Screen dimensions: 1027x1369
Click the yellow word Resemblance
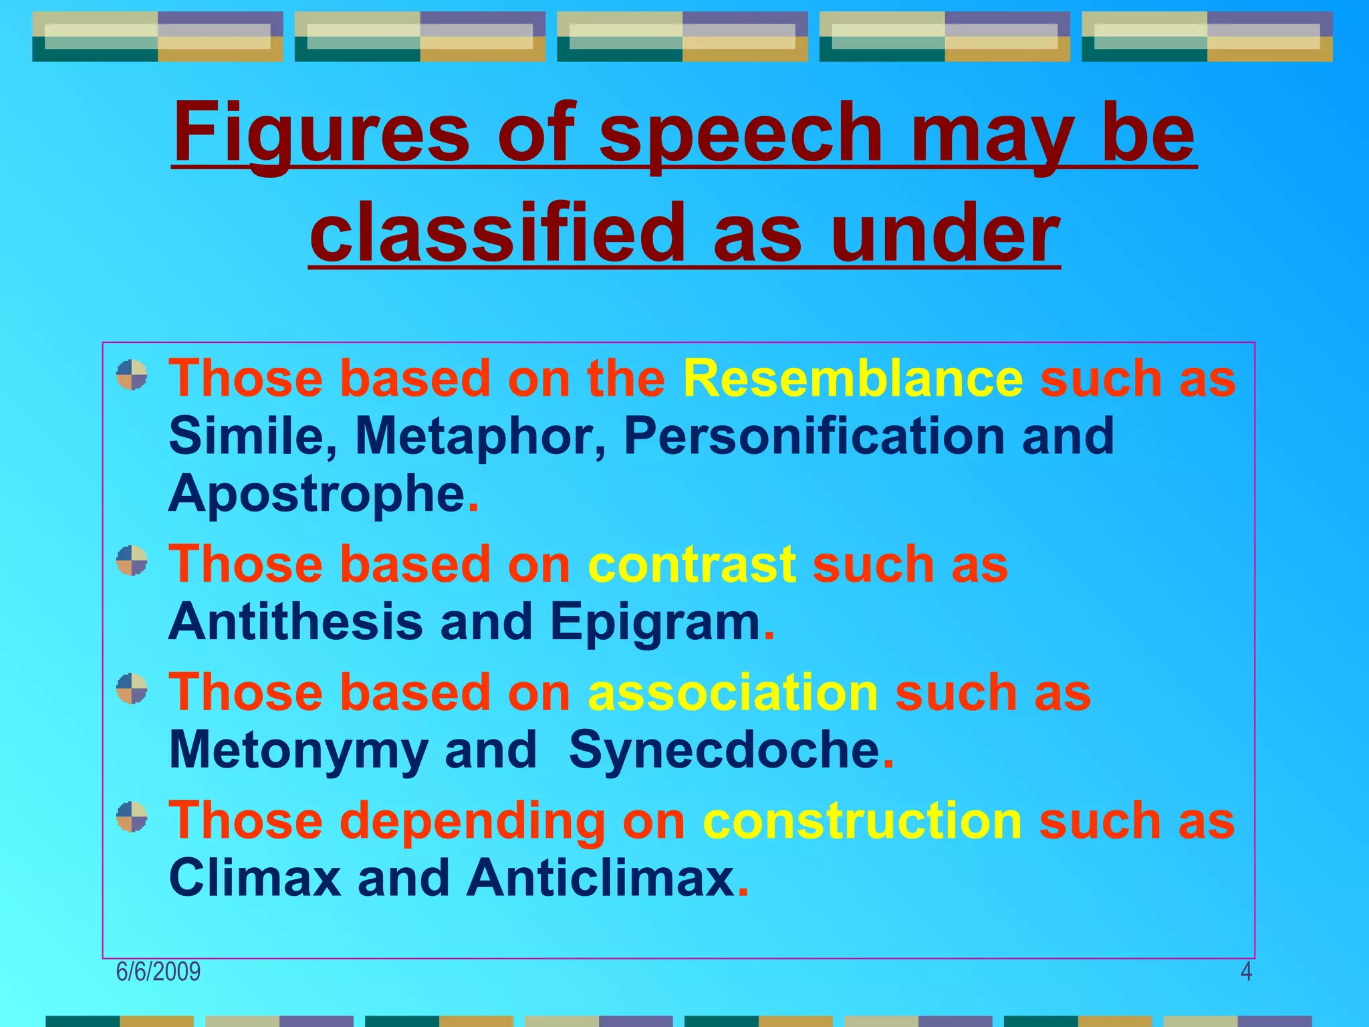tap(852, 378)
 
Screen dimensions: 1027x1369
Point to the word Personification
tap(814, 437)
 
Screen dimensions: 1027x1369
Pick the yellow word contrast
tap(691, 565)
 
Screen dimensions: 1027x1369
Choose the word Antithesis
tap(295, 622)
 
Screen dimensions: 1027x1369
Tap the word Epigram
tap(655, 622)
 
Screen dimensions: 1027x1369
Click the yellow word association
tap(733, 693)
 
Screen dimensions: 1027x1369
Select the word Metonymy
tap(298, 750)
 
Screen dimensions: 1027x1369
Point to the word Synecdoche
tap(724, 750)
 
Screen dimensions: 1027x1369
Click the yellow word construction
tap(862, 821)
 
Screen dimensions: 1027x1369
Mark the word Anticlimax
tap(601, 879)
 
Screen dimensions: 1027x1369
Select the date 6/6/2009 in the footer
tap(158, 972)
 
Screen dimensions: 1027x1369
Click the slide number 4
tap(1246, 972)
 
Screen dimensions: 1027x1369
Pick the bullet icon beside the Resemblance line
tap(132, 374)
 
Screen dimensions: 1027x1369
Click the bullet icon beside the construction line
tap(132, 817)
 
